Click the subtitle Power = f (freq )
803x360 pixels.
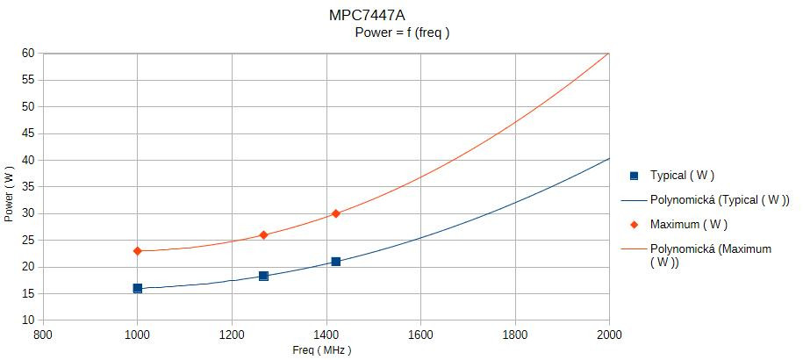click(x=402, y=33)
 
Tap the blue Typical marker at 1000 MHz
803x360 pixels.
click(x=138, y=288)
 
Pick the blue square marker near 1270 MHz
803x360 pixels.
click(x=263, y=276)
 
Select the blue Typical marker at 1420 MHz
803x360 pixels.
click(x=336, y=262)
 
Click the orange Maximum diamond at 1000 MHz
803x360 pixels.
click(x=138, y=251)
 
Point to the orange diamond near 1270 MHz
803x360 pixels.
click(x=263, y=235)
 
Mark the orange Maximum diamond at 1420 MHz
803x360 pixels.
click(x=336, y=213)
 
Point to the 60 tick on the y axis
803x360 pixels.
click(x=28, y=53)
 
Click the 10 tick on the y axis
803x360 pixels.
click(x=28, y=320)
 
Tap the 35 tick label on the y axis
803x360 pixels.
click(x=28, y=187)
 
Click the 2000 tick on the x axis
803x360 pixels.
click(x=609, y=335)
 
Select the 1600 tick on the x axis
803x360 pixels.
click(x=420, y=335)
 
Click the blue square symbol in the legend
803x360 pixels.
click(x=634, y=175)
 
